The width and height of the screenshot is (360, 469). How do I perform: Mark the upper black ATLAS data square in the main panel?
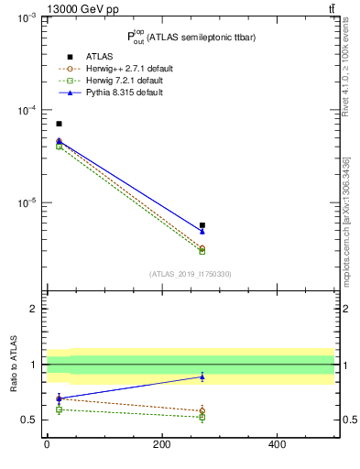coord(59,124)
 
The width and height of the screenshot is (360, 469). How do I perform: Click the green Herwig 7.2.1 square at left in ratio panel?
coord(59,409)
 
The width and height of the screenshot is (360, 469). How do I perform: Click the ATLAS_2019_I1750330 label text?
coord(190,274)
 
